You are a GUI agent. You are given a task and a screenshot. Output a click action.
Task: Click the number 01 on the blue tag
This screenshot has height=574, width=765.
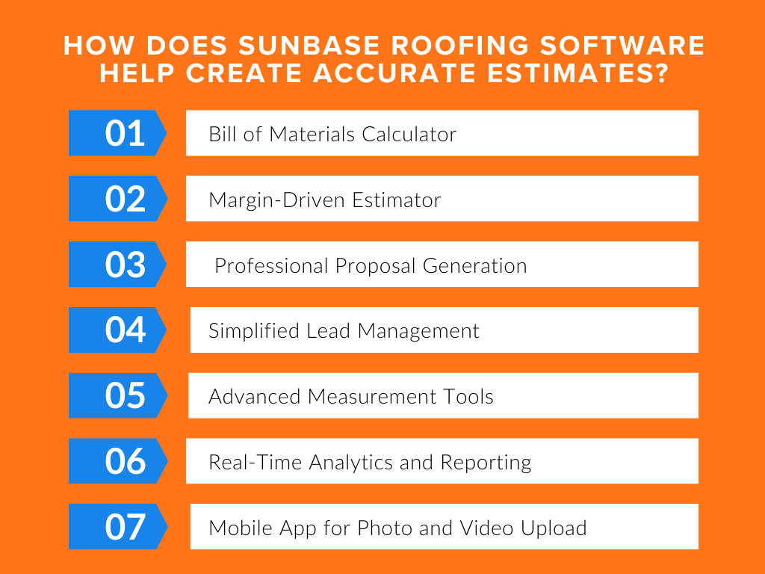click(x=125, y=133)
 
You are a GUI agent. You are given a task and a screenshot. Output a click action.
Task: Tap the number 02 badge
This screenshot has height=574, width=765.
click(x=125, y=199)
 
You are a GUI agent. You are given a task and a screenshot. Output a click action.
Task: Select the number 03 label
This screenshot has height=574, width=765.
click(x=125, y=265)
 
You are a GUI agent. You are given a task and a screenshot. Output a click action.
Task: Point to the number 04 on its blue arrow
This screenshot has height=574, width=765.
click(x=125, y=330)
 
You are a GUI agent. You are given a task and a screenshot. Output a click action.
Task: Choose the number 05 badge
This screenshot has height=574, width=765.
click(x=125, y=395)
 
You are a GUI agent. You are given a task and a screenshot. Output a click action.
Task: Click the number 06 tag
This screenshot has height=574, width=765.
click(x=125, y=461)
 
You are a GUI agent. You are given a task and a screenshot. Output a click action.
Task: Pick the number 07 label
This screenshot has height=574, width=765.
click(x=125, y=527)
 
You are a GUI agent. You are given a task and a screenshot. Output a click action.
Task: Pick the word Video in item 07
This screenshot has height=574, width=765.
click(x=487, y=528)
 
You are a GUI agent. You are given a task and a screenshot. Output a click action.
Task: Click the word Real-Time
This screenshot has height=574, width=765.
click(x=248, y=463)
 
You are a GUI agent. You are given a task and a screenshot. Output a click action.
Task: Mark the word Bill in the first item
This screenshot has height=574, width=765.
click(x=222, y=135)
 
